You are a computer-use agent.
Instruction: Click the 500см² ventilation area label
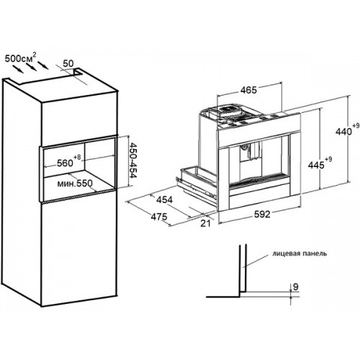22,58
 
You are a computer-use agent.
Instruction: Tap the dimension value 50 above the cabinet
68,63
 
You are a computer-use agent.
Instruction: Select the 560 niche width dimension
65,163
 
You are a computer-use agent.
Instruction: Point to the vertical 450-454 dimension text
132,161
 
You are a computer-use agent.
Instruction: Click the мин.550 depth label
75,184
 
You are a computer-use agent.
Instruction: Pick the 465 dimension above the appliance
248,90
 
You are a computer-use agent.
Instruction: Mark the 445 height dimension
316,165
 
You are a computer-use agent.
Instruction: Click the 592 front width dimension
262,214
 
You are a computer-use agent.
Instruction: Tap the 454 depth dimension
164,199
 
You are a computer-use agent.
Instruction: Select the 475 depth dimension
159,217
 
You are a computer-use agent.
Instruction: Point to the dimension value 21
205,223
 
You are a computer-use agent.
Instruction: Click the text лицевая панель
300,253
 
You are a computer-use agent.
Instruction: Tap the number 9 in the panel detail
296,287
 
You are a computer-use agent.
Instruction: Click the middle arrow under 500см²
32,67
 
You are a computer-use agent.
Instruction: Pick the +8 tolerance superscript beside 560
77,157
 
